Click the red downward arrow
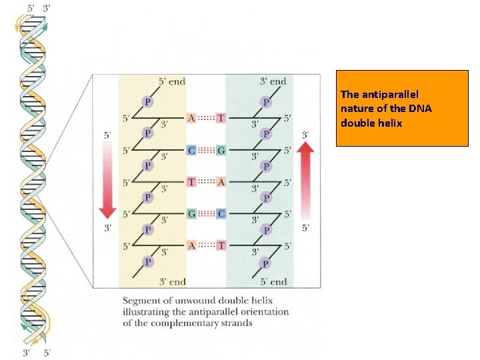tap(107, 180)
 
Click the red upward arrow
tap(305, 180)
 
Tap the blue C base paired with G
tap(191, 150)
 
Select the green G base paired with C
tap(221, 150)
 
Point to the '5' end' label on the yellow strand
tap(172, 81)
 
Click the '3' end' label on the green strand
tap(273, 81)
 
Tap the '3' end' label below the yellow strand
tap(172, 281)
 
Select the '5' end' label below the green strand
tap(273, 281)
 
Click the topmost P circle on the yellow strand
tap(149, 102)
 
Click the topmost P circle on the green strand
tap(266, 102)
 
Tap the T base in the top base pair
tap(221, 118)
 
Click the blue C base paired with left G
tap(221, 213)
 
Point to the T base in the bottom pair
tap(221, 245)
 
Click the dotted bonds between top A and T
tap(206, 118)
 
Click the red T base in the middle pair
tap(191, 181)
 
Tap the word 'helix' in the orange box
tap(390, 123)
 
